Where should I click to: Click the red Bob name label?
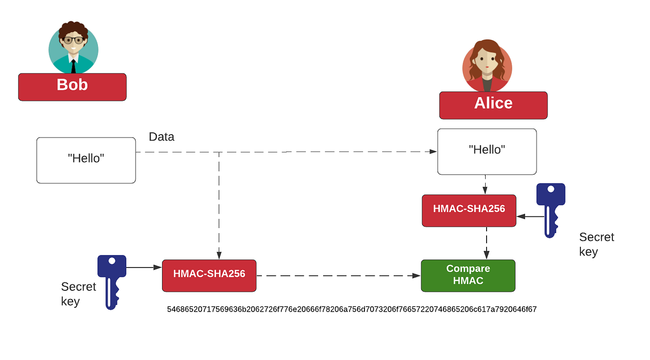point(72,87)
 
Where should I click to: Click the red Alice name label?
point(493,105)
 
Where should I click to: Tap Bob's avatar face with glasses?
point(73,41)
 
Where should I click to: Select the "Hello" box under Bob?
point(86,160)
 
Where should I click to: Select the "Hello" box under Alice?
point(487,151)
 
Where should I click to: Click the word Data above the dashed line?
point(161,137)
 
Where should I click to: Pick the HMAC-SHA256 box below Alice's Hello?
point(469,210)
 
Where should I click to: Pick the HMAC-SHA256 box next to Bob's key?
point(209,275)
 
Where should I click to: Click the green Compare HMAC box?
point(468,275)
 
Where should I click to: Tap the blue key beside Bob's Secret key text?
point(111,279)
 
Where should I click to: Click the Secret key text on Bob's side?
point(78,294)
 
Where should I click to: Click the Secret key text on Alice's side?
point(596,244)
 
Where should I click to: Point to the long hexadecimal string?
point(351,309)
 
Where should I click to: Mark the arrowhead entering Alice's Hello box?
point(434,151)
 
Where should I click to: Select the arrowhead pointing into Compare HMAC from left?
point(417,275)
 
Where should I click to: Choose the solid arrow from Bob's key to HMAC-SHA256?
point(143,267)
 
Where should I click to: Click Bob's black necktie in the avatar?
point(73,66)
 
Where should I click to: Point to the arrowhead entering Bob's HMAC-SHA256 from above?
point(219,255)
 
